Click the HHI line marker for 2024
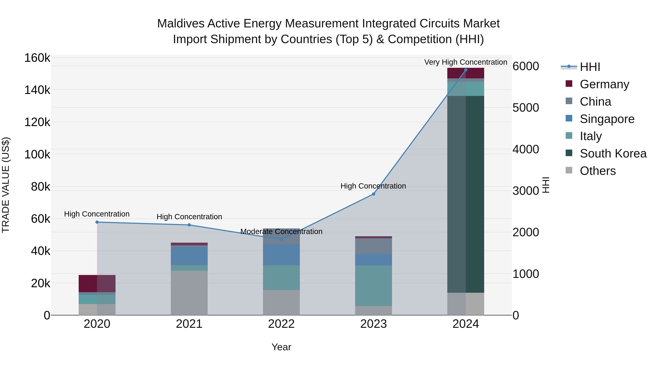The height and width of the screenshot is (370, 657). click(x=466, y=70)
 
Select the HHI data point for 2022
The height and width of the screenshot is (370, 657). click(x=281, y=239)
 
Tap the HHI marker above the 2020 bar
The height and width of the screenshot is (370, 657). click(x=97, y=222)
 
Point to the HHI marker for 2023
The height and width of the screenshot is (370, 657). click(x=373, y=194)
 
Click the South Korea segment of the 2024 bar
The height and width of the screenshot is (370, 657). click(x=466, y=194)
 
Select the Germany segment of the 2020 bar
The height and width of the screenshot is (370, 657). click(x=97, y=283)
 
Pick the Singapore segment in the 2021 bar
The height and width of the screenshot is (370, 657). click(x=189, y=256)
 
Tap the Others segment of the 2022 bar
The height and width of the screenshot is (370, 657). click(x=281, y=302)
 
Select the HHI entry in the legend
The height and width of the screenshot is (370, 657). click(x=590, y=67)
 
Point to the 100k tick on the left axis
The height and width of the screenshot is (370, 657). click(x=37, y=154)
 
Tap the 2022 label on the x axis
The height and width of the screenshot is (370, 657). click(x=281, y=324)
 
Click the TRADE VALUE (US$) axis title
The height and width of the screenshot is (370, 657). click(x=6, y=185)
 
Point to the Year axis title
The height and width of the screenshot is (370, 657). click(x=281, y=347)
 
